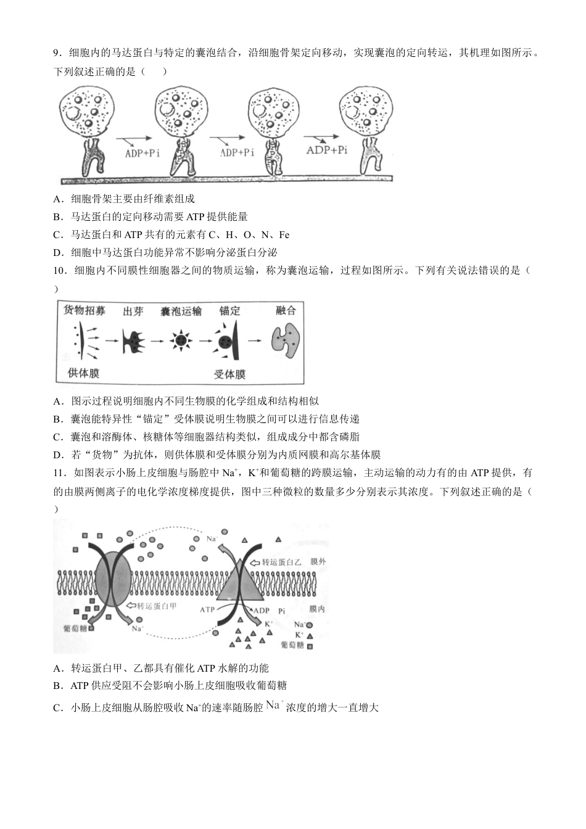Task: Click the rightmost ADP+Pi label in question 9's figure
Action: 326,150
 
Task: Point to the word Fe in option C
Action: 284,234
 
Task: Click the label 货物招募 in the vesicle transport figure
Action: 85,310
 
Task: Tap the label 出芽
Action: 133,311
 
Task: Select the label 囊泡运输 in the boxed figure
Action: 181,311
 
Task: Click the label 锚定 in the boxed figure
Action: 230,311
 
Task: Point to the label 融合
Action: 286,310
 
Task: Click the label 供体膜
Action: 83,373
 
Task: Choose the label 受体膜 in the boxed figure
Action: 229,374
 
